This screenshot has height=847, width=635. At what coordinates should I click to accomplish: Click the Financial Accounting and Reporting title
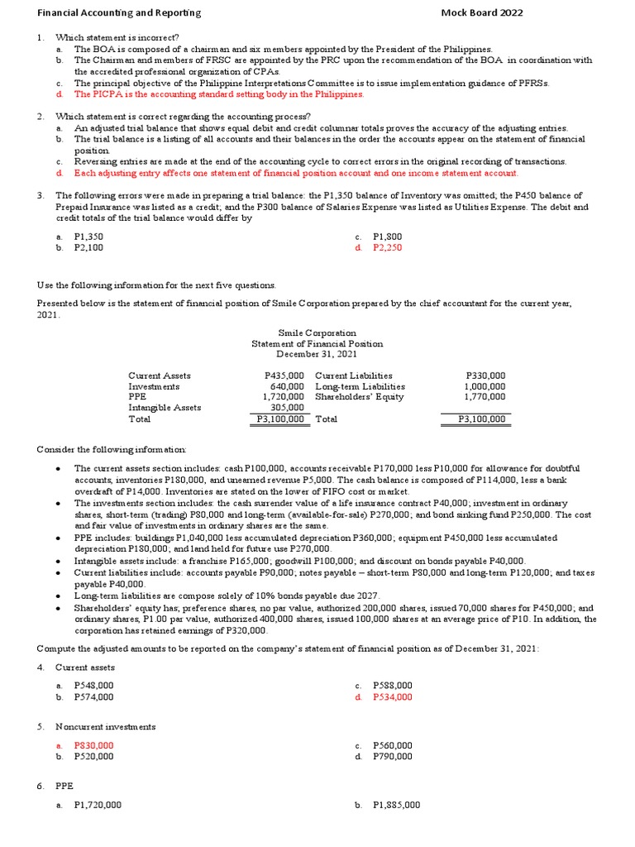pos(119,13)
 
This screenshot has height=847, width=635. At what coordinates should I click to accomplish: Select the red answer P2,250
pos(387,247)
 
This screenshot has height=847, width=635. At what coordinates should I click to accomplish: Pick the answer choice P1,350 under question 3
pos(88,236)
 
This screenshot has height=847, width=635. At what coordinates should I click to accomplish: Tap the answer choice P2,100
pos(88,247)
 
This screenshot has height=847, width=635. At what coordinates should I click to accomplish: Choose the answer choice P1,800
pos(387,236)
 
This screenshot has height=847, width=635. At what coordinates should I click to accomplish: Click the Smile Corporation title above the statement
pos(317,333)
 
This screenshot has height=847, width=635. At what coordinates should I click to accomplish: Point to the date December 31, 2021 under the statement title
pos(317,354)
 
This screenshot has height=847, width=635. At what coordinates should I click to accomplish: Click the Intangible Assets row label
pos(165,408)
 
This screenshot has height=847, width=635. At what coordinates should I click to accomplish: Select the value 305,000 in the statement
pos(288,408)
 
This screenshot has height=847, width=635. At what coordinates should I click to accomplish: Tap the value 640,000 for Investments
pos(288,386)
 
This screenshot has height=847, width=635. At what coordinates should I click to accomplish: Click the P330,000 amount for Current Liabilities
pos(486,376)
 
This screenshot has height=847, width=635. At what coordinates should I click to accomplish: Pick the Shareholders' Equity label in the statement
pos(360,397)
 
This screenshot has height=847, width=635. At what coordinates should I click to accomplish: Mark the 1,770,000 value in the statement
pos(485,397)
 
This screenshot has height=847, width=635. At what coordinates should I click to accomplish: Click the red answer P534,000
pos(392,697)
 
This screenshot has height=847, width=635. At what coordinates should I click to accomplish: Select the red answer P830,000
pos(93,745)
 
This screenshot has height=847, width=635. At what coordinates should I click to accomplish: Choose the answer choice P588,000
pos(392,686)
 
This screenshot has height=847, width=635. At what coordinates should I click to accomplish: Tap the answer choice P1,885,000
pos(396,805)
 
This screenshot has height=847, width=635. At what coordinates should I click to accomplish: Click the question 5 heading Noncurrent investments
pos(105,726)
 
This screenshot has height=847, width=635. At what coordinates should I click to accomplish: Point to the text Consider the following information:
pos(112,449)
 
